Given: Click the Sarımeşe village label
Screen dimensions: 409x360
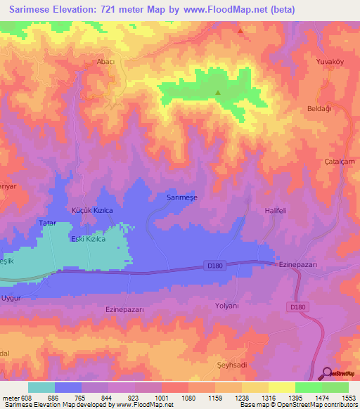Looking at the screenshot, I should (x=182, y=198).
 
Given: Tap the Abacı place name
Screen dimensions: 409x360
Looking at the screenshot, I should (x=105, y=62).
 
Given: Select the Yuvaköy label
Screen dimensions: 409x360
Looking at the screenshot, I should (x=330, y=62).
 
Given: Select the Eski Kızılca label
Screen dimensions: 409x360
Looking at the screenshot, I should (x=89, y=240).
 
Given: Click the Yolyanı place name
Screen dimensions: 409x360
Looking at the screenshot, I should (x=227, y=306).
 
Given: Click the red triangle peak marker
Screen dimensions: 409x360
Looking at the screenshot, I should (x=240, y=31).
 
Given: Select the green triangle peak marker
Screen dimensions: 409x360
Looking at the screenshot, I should (x=217, y=93).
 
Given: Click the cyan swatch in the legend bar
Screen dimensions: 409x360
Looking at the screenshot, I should (x=41, y=387).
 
